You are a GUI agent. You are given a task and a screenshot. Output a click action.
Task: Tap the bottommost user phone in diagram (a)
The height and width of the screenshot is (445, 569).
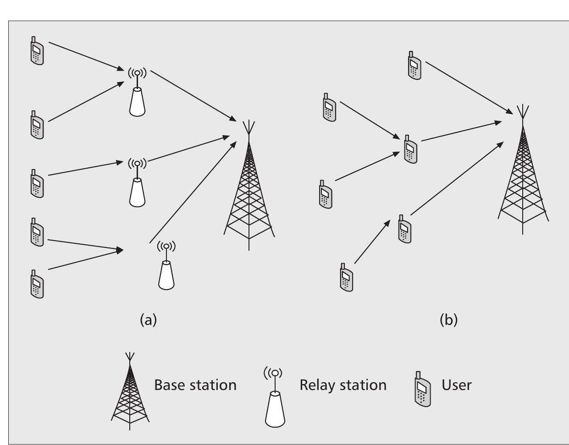click(x=37, y=284)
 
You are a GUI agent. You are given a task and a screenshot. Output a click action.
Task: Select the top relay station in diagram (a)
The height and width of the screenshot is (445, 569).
click(x=137, y=94)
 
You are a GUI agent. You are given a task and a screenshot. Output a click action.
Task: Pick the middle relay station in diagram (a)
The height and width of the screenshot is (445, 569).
click(x=137, y=183)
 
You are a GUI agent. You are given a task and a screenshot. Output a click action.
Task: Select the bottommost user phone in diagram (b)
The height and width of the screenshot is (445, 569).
click(x=347, y=277)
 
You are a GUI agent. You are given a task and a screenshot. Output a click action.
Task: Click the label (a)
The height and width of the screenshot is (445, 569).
click(x=148, y=319)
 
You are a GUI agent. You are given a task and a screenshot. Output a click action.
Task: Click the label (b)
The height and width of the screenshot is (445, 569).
click(x=448, y=319)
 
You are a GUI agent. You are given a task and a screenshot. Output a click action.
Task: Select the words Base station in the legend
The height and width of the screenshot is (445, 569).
click(x=195, y=385)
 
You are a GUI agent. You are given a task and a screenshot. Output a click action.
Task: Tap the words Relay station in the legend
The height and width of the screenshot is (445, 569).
click(x=343, y=385)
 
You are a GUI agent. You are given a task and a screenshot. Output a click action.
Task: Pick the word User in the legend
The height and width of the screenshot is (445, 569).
click(x=456, y=385)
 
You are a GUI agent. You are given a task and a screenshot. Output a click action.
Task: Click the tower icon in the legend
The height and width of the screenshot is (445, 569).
click(x=130, y=394)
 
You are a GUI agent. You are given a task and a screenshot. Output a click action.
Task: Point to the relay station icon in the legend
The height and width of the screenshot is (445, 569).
click(x=275, y=399)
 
